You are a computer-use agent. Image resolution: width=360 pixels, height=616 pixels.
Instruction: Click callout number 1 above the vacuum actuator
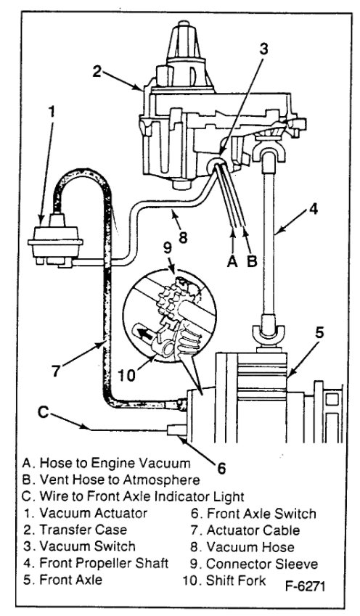coord(50,112)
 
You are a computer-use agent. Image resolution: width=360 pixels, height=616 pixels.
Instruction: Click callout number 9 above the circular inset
coord(166,266)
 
